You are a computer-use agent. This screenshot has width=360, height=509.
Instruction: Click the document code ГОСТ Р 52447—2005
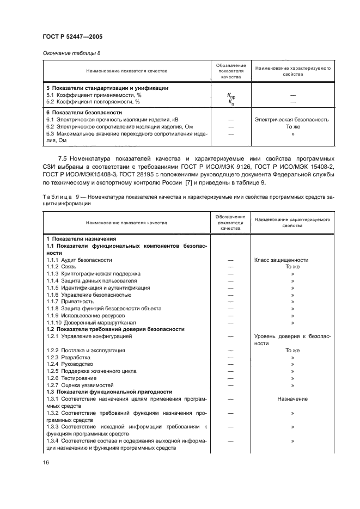click(x=72, y=36)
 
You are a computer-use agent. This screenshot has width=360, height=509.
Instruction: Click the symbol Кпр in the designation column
click(x=231, y=95)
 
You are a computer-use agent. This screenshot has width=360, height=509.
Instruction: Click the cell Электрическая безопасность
click(x=292, y=119)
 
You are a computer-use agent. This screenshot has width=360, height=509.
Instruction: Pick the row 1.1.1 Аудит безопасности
click(x=79, y=260)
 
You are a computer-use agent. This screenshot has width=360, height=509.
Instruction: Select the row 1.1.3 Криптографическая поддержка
click(x=93, y=273)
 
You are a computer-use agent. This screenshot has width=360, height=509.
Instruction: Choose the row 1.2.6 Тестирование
click(x=76, y=378)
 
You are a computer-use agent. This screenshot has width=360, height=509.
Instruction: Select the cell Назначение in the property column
click(x=292, y=399)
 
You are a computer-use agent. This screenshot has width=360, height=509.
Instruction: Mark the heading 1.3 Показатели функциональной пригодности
click(x=109, y=392)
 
